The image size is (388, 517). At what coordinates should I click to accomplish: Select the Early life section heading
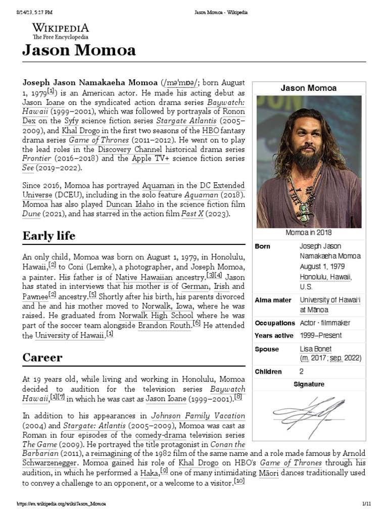[x=49, y=235]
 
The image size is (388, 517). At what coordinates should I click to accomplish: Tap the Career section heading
[x=42, y=357]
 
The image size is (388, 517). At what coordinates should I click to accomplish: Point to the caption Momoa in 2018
[x=309, y=233]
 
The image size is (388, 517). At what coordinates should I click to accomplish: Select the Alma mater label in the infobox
[x=273, y=300]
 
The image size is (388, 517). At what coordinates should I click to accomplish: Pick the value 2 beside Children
[x=302, y=372]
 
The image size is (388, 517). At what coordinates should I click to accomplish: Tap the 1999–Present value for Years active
[x=320, y=335]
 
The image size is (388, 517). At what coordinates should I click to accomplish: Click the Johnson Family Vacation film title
[x=198, y=417]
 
